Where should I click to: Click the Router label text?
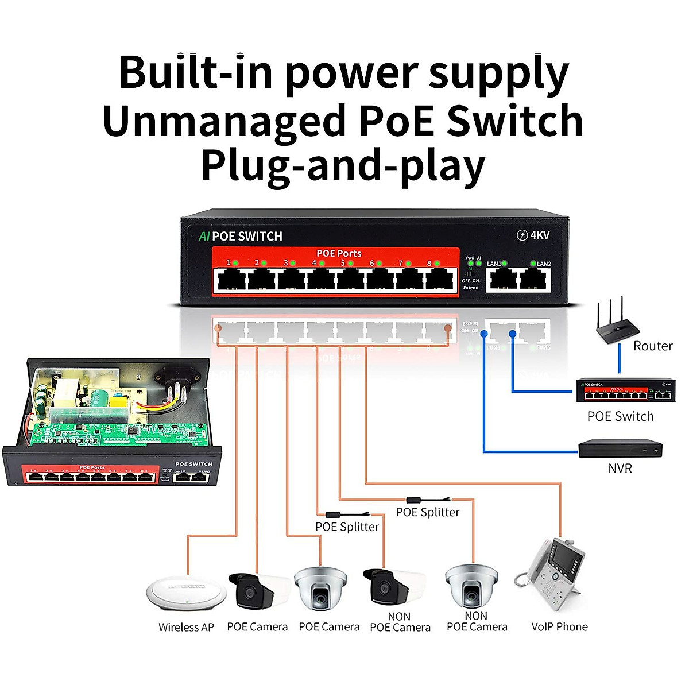652,346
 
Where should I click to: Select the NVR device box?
620,448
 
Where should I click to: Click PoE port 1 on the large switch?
231,281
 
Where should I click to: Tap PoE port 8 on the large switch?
439,281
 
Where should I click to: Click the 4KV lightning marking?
533,235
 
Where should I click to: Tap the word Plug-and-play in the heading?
343,166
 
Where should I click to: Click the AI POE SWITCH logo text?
241,236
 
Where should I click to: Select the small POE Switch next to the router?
625,392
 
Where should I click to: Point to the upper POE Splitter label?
428,512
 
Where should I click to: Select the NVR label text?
620,469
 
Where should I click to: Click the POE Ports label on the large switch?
339,253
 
